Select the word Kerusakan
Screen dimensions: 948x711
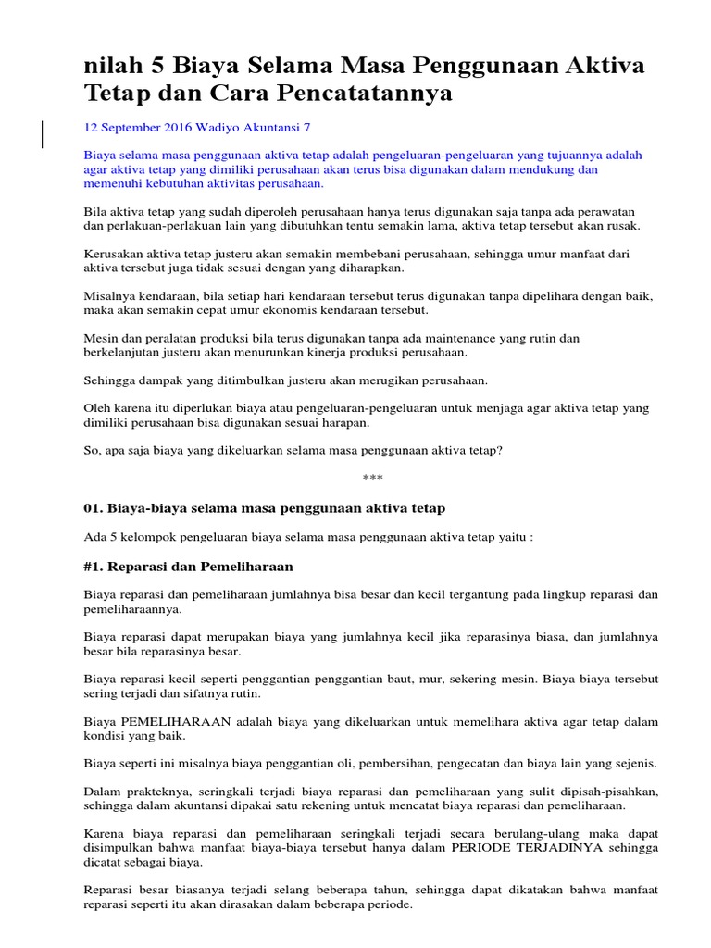pyautogui.click(x=115, y=254)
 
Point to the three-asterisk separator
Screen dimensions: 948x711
pyautogui.click(x=372, y=478)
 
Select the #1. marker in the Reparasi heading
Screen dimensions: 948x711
pyautogui.click(x=94, y=566)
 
